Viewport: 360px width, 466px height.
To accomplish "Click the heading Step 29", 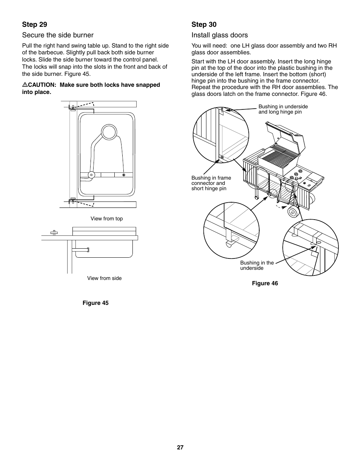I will (x=34, y=25).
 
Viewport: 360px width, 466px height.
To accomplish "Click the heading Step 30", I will (x=204, y=25).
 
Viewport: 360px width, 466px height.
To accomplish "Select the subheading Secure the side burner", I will (x=58, y=35).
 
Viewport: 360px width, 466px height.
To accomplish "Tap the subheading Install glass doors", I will (x=220, y=35).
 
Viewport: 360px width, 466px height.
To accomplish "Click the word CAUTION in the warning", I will (x=42, y=85).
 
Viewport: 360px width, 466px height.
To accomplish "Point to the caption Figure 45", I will (x=95, y=303).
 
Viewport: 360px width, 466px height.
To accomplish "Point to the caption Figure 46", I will (x=265, y=283).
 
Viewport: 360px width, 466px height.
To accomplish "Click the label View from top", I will (x=106, y=218).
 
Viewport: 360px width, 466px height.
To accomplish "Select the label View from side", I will (x=104, y=278).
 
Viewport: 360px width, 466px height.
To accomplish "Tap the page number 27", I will (x=180, y=448).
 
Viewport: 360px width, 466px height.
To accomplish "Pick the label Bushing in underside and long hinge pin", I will (x=283, y=109).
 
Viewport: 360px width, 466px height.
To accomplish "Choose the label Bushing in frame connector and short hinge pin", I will (x=211, y=183).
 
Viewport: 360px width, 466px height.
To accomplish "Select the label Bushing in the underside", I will (x=257, y=265).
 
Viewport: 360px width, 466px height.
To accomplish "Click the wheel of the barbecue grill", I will (x=293, y=212).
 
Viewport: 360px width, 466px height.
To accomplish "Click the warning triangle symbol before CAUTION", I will (x=25, y=85).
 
